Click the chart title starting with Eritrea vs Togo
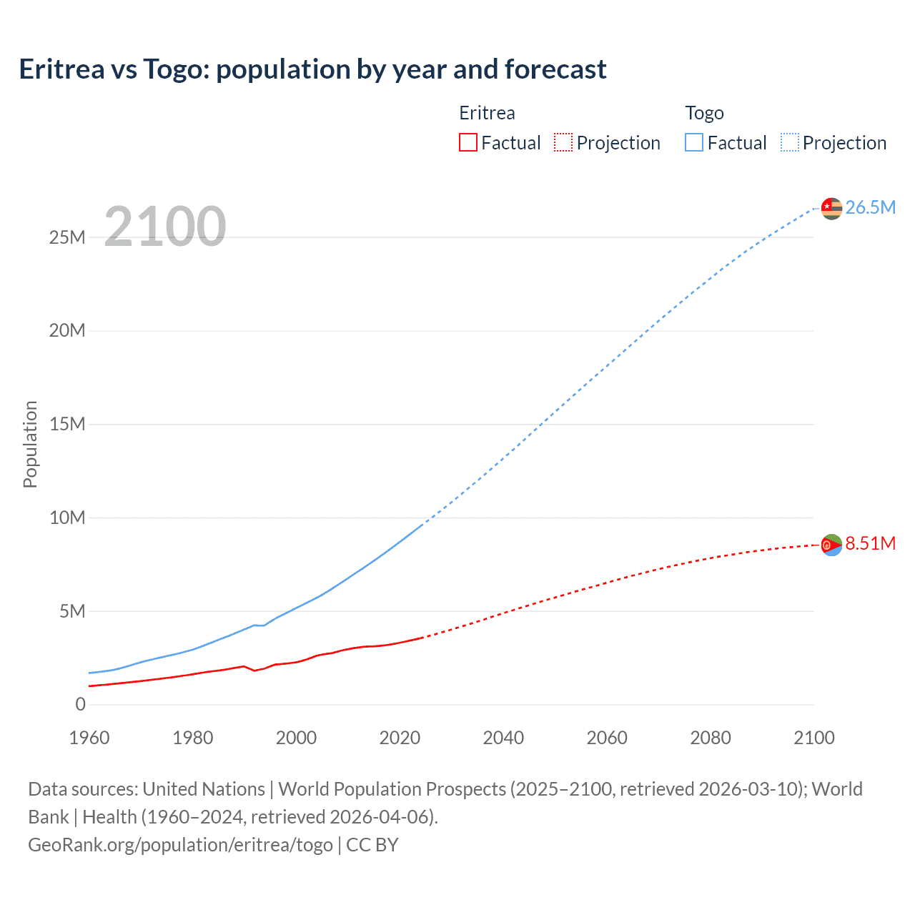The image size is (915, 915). tap(312, 69)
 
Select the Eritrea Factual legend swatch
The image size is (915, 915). tap(468, 142)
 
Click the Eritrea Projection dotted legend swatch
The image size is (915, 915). tap(563, 142)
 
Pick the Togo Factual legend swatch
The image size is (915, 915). tap(693, 142)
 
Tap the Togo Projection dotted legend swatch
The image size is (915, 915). tap(789, 142)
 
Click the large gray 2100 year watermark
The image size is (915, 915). tap(165, 227)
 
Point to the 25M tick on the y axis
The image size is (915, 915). tap(67, 237)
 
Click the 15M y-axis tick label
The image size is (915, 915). tap(67, 424)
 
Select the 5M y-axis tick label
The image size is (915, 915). tap(72, 611)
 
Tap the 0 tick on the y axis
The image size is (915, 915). tap(80, 704)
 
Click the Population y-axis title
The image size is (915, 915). tap(30, 444)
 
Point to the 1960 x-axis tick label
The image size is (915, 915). tap(89, 738)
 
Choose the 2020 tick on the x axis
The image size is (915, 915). tap(400, 738)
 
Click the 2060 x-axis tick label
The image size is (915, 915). tap(607, 738)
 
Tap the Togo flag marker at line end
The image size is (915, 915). tap(831, 208)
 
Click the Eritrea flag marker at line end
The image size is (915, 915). tap(831, 545)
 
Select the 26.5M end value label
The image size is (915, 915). tap(870, 207)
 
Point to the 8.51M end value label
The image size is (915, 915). tap(870, 543)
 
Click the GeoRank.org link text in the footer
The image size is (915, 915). tap(180, 845)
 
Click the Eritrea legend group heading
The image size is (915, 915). tap(487, 113)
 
